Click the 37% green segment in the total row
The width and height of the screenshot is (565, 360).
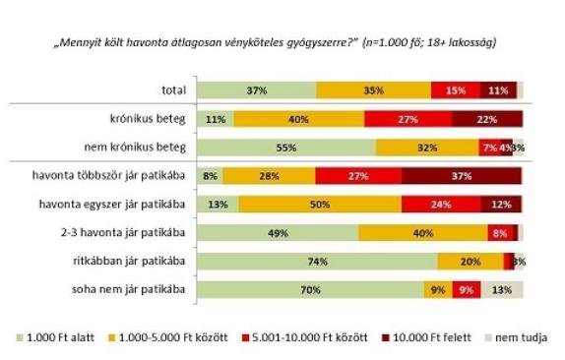coord(257,90)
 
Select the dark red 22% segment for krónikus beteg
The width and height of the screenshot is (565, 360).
coord(487,119)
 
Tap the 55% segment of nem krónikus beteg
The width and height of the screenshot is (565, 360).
coord(286,148)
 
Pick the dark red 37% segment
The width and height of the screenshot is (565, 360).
coord(462,176)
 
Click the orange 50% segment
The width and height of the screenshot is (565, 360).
coord(320,205)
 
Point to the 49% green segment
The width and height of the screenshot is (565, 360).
coord(278,233)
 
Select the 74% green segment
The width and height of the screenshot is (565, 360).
coord(317,262)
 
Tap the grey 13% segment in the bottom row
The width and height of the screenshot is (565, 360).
coord(502,290)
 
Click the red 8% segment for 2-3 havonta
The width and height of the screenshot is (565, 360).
coord(500,233)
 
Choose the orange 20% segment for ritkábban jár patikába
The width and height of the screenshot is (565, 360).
coord(471,262)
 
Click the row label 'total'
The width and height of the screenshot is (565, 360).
coord(173,90)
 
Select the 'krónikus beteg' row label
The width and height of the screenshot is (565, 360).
coord(148,118)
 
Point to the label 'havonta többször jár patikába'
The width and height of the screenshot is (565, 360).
coord(108,175)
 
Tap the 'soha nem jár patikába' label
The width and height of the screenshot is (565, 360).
coord(128,289)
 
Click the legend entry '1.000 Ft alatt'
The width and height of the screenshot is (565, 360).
coord(56,337)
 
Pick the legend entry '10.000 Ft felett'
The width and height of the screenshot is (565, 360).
coord(426,337)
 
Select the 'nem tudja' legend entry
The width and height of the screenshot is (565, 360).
coord(517,337)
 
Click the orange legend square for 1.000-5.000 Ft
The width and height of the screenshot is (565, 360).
coord(112,338)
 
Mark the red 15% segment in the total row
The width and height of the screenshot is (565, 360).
coord(456,90)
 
